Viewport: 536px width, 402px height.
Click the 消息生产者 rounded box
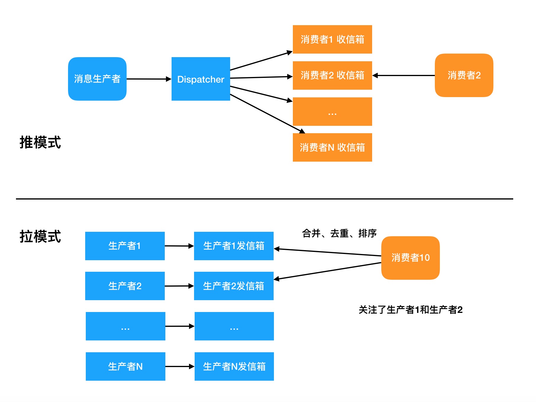click(x=97, y=79)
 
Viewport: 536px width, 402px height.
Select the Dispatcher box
click(x=201, y=79)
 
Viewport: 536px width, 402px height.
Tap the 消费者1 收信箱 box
click(x=332, y=39)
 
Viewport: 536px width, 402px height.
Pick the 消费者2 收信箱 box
click(x=332, y=75)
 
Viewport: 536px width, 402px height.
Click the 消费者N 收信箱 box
click(x=332, y=147)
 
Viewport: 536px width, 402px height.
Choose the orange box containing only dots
click(x=332, y=112)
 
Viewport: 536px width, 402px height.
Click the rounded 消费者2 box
click(x=464, y=75)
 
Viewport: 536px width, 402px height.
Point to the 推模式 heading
click(x=40, y=142)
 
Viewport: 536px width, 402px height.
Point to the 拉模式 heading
click(x=40, y=237)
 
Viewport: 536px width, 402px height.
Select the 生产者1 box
click(x=125, y=246)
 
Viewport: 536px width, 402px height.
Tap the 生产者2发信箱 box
click(x=234, y=286)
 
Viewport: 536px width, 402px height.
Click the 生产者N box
click(x=125, y=366)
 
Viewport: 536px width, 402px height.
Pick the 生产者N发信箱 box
click(x=234, y=366)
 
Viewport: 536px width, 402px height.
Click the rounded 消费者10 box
click(x=410, y=258)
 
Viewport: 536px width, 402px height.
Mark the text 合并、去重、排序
click(x=339, y=233)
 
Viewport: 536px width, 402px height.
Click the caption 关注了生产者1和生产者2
click(x=410, y=310)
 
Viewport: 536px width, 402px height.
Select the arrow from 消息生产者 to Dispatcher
click(x=149, y=79)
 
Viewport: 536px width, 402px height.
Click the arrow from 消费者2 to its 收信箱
click(x=403, y=75)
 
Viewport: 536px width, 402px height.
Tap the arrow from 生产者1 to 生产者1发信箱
click(x=179, y=246)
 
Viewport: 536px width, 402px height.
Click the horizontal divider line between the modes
click(x=264, y=199)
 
